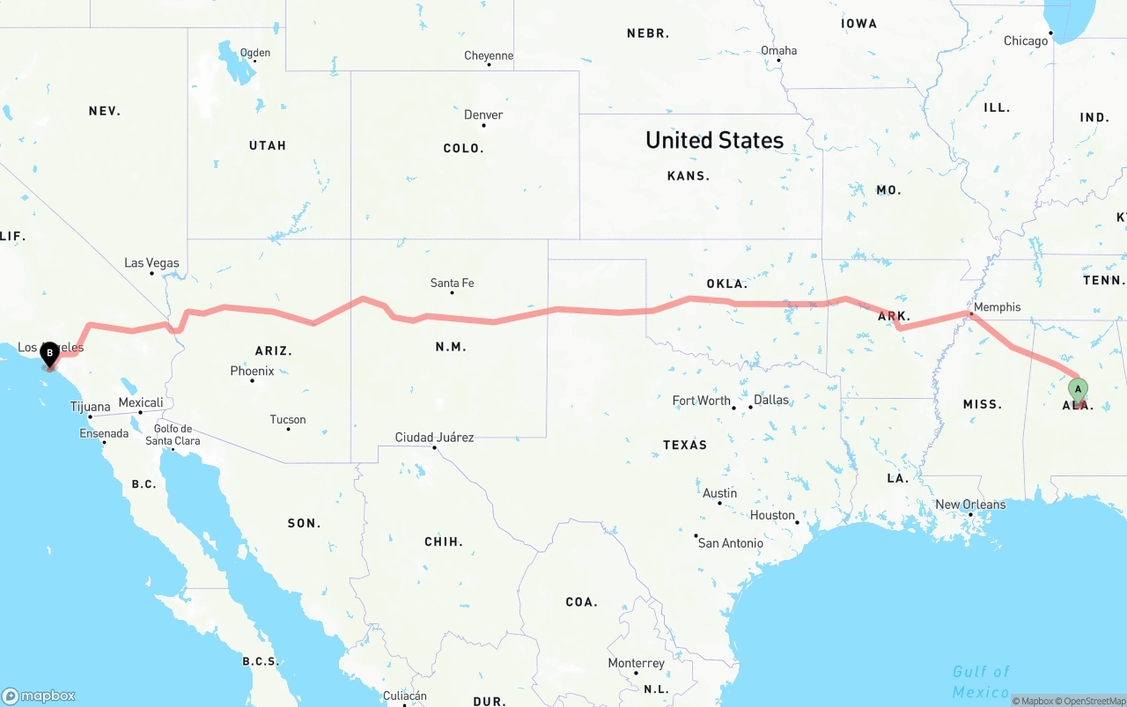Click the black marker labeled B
pos(50,354)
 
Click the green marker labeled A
pos(1078,388)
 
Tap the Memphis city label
pos(997,307)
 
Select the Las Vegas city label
pos(151,263)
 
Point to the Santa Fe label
pos(452,283)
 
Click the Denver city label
pos(483,114)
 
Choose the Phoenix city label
pos(252,371)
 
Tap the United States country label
pos(714,140)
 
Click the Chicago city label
pos(1026,41)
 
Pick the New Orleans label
pos(970,504)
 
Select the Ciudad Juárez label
pos(434,437)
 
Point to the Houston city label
pos(772,515)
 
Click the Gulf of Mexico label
pos(981,681)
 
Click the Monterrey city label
pos(636,663)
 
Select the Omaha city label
pos(778,50)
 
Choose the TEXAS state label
pos(685,445)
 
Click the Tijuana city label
pos(91,407)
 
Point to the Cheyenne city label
pos(489,55)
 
